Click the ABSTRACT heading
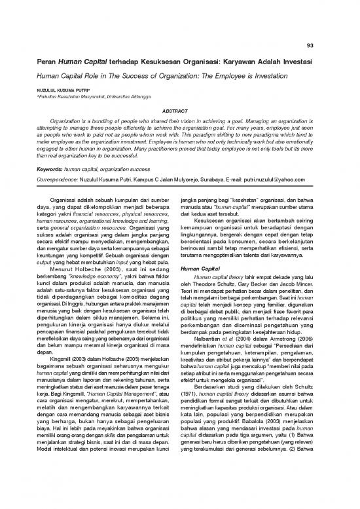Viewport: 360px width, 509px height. [179, 111]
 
